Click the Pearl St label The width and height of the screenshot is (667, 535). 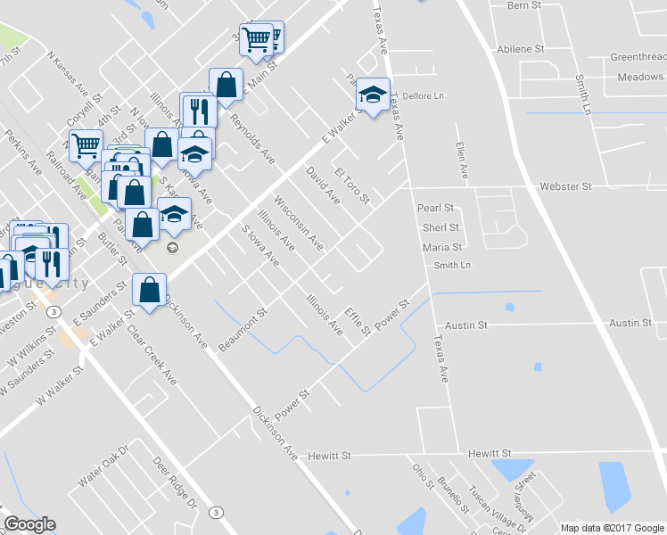tap(436, 208)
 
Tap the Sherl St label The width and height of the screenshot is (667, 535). tap(441, 227)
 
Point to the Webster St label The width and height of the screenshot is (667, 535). tap(565, 187)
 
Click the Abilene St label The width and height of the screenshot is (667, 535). tap(521, 49)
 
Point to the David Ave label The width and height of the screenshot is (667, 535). tap(322, 185)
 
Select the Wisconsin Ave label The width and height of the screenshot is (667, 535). tap(298, 220)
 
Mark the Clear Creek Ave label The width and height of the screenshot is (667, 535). tap(152, 354)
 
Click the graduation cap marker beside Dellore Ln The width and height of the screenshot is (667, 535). tap(373, 95)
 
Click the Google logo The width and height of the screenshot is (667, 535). tap(29, 524)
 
